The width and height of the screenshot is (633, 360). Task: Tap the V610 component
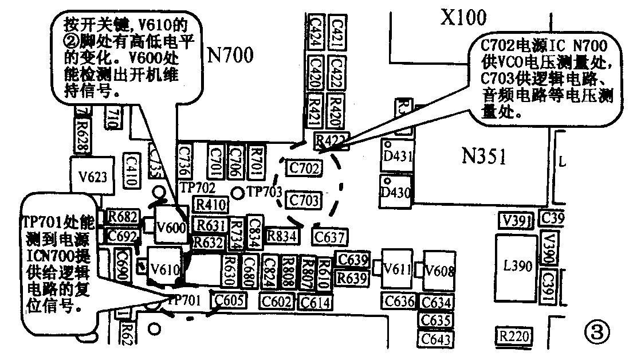coord(166,267)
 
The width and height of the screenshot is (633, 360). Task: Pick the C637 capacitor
coord(329,236)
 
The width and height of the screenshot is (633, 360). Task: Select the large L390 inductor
coord(517,266)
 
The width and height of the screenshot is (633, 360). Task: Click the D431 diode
coord(396,156)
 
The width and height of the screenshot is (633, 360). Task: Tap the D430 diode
coord(396,192)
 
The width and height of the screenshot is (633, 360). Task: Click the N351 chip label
coord(484,156)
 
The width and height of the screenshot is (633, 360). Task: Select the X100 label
coord(463,18)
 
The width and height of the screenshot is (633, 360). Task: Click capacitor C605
coord(229,299)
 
